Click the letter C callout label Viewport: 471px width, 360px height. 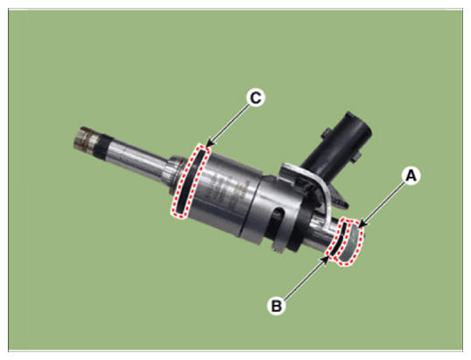point(256,97)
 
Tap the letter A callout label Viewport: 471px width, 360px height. point(411,175)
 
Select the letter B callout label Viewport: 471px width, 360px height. point(276,306)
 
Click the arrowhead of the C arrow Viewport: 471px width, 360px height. point(211,144)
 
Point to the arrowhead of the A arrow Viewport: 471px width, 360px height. point(362,224)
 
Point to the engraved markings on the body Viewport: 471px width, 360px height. point(227,193)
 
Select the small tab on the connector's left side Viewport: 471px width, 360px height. point(327,133)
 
